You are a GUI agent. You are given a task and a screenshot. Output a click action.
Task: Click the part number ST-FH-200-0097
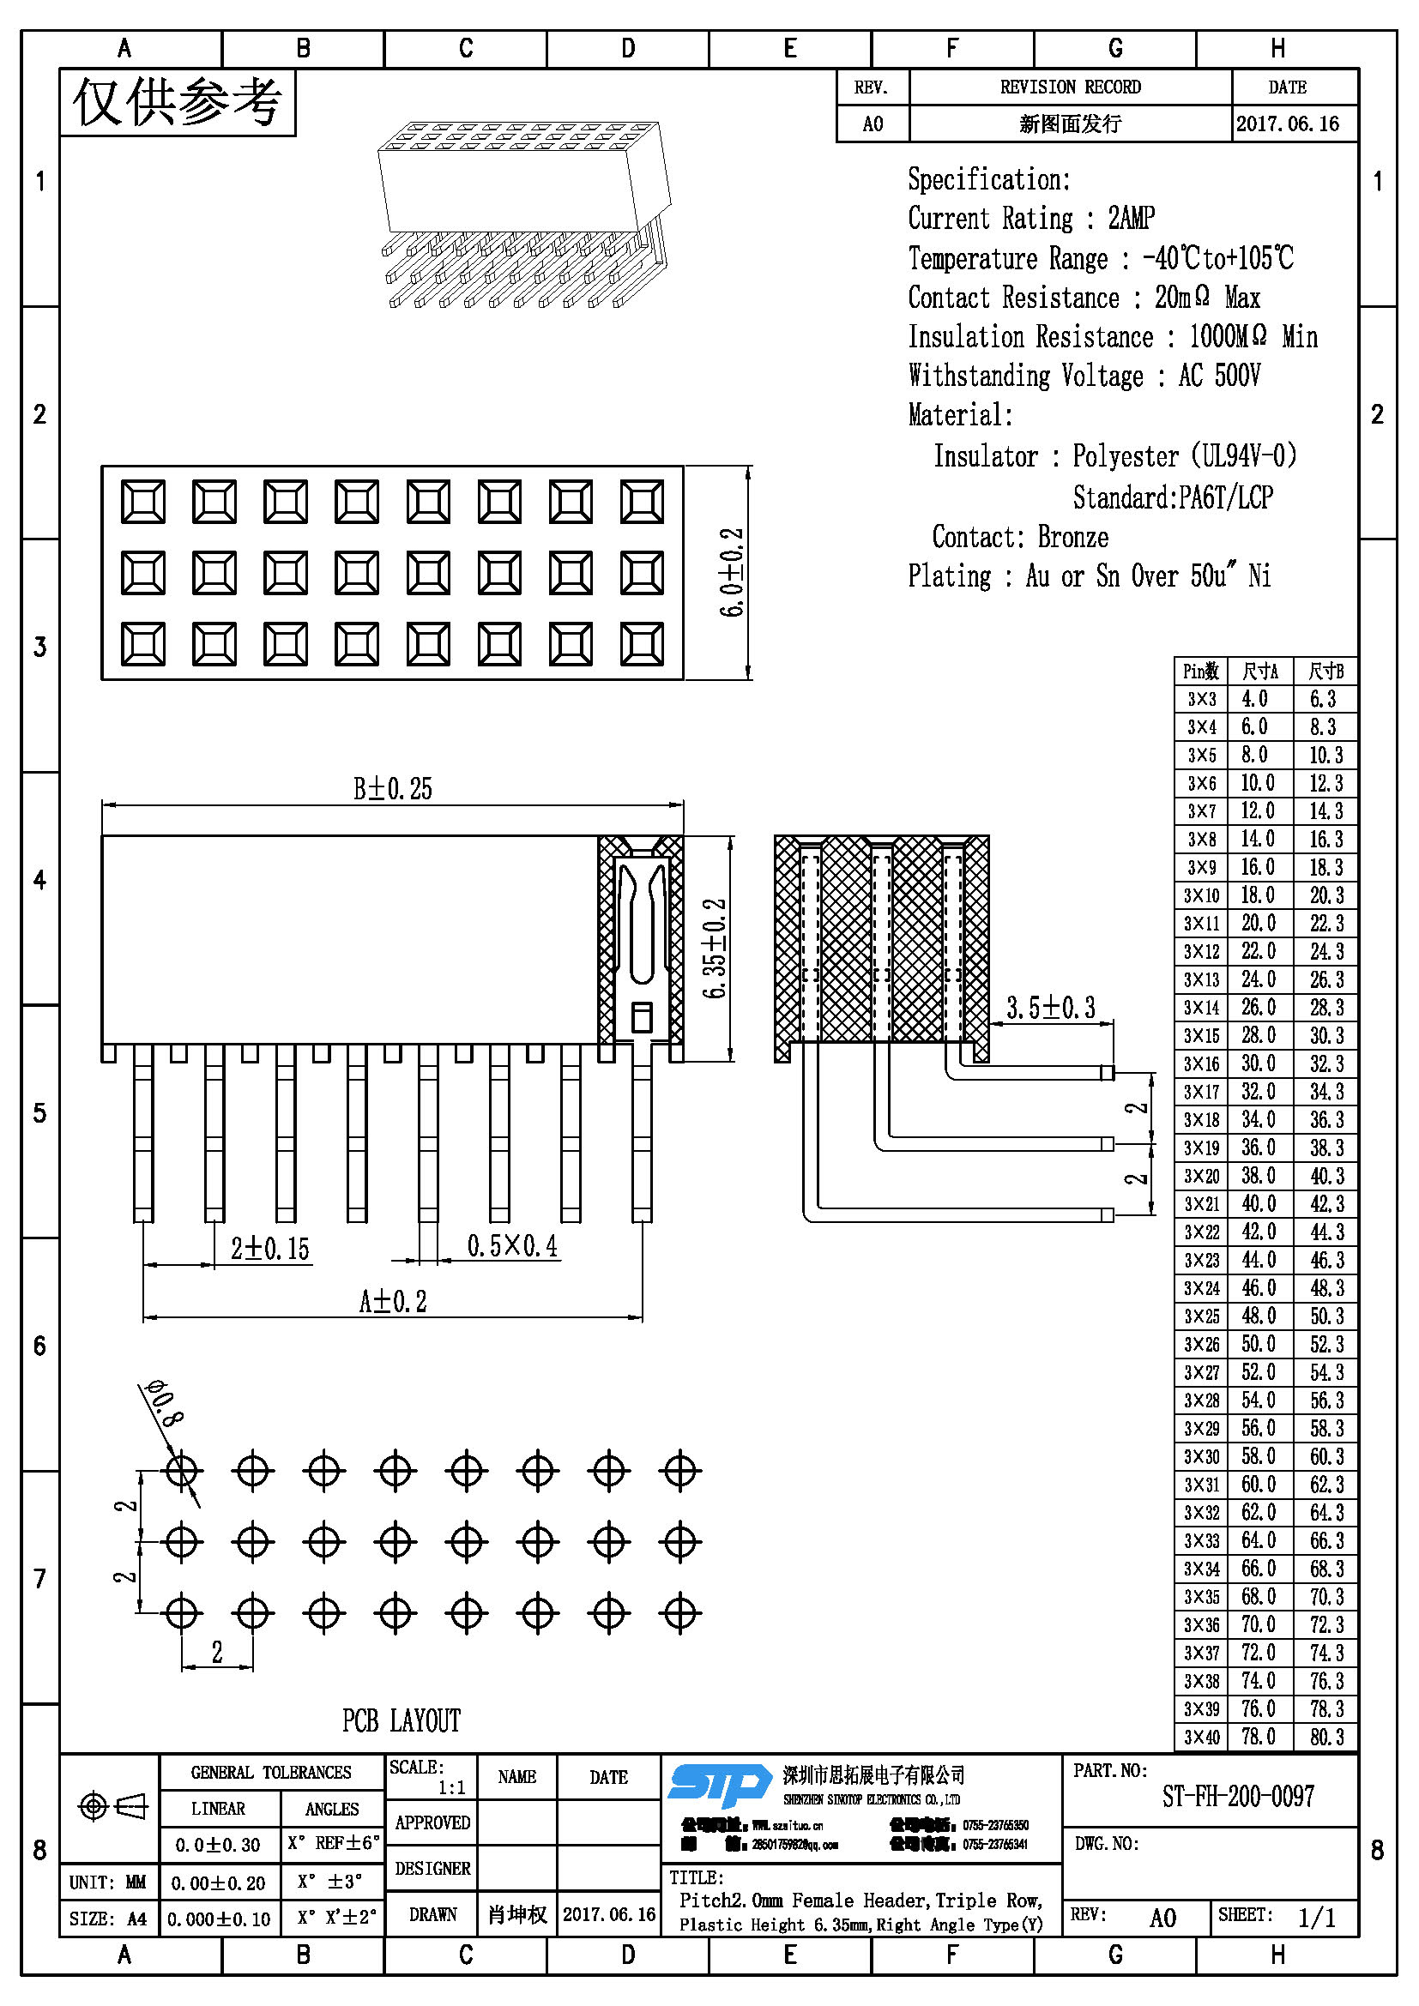(1237, 1797)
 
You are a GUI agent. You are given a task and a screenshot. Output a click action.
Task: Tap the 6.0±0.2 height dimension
(732, 572)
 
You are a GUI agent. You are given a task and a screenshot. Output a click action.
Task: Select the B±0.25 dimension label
(392, 789)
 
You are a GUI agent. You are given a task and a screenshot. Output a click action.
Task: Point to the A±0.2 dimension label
(392, 1302)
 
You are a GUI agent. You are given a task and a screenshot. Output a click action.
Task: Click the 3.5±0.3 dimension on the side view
(1050, 1008)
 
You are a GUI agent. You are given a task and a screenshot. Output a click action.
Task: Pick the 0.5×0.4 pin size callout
(512, 1246)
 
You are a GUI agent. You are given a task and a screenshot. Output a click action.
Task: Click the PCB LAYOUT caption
(401, 1720)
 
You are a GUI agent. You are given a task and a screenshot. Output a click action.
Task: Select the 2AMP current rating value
(1132, 218)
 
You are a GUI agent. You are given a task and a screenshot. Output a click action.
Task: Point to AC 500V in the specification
(1219, 376)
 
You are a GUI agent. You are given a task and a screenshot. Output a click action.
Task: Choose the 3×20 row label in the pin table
(1201, 1176)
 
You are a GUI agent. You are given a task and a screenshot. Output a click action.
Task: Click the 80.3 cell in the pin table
(1325, 1737)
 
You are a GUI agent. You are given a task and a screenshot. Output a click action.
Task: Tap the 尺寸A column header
(1260, 671)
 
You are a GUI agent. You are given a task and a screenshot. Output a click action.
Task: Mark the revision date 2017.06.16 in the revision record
(1287, 123)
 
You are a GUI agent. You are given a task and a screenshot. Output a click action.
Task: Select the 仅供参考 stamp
(178, 103)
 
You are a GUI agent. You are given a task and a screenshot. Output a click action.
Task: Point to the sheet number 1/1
(1317, 1918)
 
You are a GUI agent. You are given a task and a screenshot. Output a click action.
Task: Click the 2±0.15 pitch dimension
(270, 1249)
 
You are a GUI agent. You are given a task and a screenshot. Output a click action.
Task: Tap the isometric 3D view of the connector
(524, 214)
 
